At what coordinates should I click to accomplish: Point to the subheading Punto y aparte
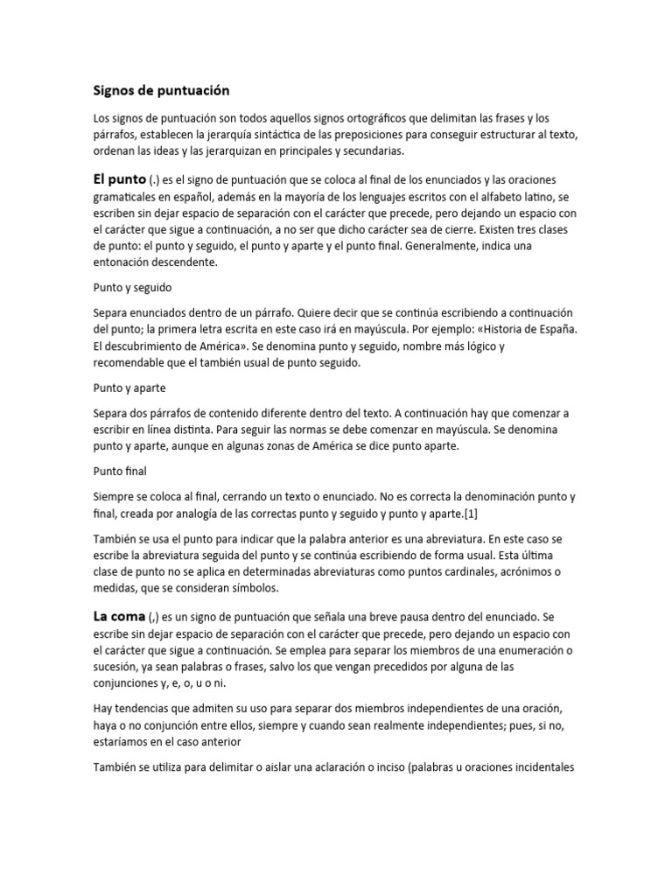pyautogui.click(x=129, y=387)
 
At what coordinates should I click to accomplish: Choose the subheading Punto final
pyautogui.click(x=122, y=471)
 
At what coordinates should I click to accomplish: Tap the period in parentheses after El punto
pyautogui.click(x=154, y=180)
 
